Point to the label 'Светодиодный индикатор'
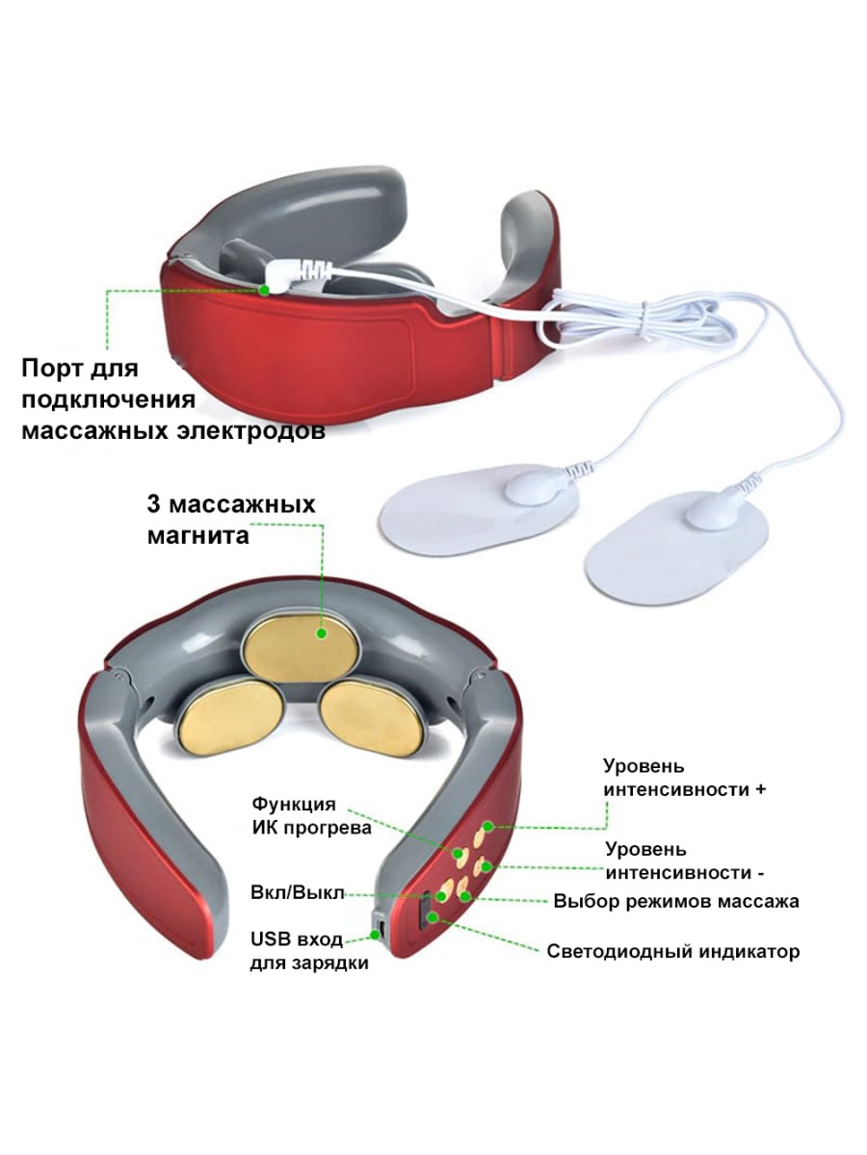[x=672, y=952]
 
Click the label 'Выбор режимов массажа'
[x=675, y=902]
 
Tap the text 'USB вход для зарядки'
[x=308, y=950]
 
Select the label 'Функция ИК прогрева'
[x=309, y=815]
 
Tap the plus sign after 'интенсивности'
[x=761, y=789]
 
